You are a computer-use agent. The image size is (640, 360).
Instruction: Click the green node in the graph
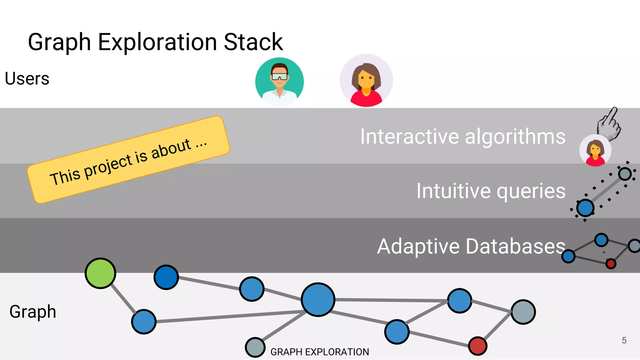(x=100, y=273)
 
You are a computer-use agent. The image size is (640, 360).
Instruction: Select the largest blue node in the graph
(x=318, y=299)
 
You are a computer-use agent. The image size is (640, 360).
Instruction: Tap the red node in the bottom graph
(x=477, y=346)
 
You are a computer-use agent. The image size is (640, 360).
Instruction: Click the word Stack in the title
(x=253, y=42)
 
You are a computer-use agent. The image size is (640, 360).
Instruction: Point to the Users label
(x=27, y=78)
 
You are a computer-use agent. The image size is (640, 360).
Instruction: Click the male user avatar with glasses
(x=279, y=82)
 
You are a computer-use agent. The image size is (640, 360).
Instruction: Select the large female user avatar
(x=366, y=80)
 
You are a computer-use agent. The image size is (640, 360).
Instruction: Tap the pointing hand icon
(x=609, y=124)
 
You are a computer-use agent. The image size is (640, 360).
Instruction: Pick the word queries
(x=531, y=191)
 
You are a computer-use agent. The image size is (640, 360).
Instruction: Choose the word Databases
(x=515, y=246)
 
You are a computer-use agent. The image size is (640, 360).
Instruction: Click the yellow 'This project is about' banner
(x=128, y=159)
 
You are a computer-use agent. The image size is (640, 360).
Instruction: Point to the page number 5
(x=624, y=340)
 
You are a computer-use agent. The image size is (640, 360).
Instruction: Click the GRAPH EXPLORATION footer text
(x=319, y=352)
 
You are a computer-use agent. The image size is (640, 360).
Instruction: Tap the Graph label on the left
(x=33, y=312)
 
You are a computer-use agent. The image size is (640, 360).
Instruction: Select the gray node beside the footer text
(x=255, y=347)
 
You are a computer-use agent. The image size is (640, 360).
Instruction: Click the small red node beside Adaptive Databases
(x=611, y=264)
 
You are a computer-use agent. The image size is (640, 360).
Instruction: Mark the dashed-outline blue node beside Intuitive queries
(x=585, y=208)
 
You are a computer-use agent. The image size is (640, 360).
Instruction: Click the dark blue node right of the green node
(x=166, y=277)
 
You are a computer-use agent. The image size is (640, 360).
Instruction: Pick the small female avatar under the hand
(x=595, y=150)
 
